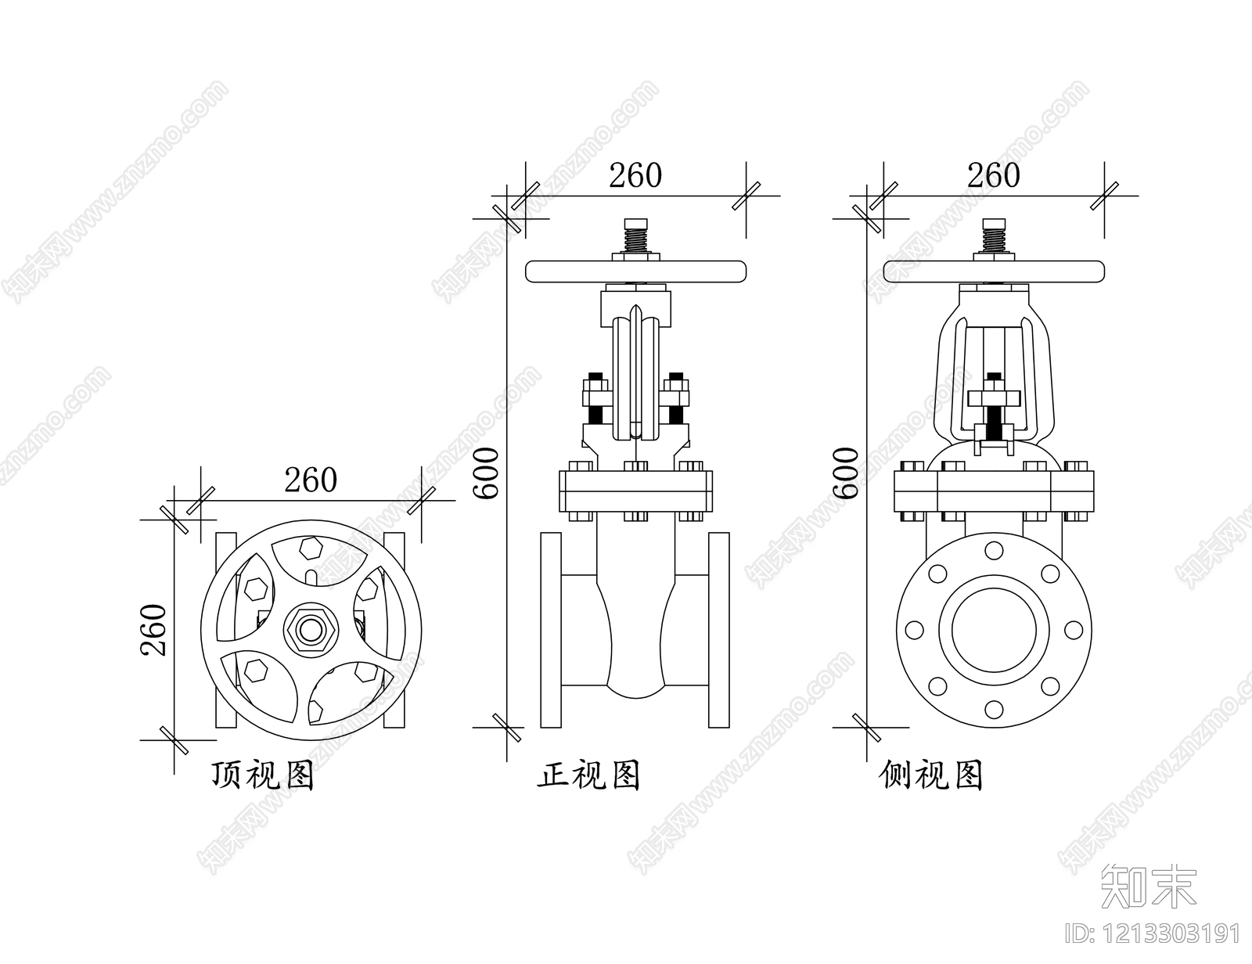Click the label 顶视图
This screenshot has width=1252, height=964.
click(x=263, y=775)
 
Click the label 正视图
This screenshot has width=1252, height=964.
click(x=589, y=775)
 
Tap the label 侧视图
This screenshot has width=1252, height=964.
click(x=931, y=775)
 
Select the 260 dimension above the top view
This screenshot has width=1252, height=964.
click(x=310, y=480)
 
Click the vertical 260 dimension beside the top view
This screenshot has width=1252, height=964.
click(x=153, y=629)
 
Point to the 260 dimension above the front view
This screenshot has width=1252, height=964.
click(x=635, y=175)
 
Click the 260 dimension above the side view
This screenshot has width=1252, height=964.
click(x=993, y=175)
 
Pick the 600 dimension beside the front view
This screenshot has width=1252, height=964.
click(x=486, y=473)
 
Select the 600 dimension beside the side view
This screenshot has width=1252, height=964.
click(x=845, y=473)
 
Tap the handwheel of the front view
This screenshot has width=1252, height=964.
click(x=635, y=272)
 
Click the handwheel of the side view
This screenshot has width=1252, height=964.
click(x=994, y=272)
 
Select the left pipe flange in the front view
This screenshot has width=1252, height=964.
click(x=551, y=631)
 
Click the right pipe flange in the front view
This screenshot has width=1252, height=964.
click(x=719, y=631)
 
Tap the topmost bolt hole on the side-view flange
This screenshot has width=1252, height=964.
click(x=994, y=550)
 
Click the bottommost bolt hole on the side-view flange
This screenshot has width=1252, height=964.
click(x=994, y=709)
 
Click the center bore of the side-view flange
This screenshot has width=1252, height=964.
click(x=994, y=630)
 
